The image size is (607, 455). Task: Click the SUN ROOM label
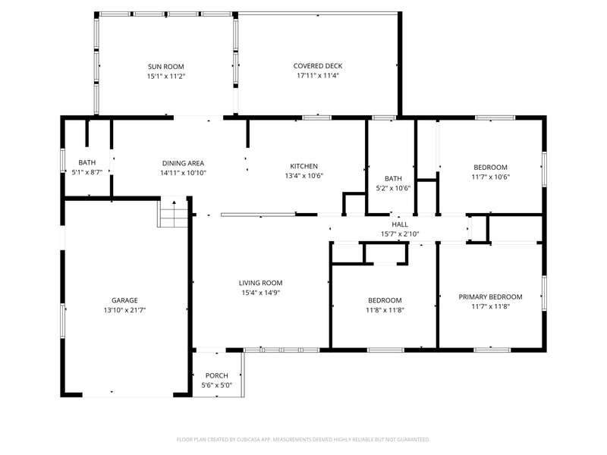click(165, 67)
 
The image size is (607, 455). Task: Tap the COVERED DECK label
click(318, 66)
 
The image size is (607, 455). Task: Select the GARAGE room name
click(124, 300)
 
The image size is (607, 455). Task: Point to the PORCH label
click(217, 375)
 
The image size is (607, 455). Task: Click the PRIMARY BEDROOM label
click(490, 297)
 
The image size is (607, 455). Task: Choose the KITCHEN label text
click(304, 166)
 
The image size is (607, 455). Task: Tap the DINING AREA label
click(183, 163)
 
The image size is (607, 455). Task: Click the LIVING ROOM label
click(260, 283)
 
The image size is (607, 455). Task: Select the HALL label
click(400, 224)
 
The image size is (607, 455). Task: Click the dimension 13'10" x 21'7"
click(124, 310)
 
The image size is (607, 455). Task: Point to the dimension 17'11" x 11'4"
click(318, 75)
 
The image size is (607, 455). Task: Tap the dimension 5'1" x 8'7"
click(87, 172)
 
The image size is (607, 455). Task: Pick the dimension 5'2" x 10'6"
click(393, 188)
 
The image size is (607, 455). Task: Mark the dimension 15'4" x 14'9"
click(260, 293)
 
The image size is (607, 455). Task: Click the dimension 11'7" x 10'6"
click(490, 177)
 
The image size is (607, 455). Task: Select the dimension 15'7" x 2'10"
click(400, 234)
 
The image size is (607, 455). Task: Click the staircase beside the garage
click(173, 212)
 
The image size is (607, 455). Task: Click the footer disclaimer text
click(303, 440)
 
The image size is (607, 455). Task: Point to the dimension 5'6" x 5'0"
click(217, 385)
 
